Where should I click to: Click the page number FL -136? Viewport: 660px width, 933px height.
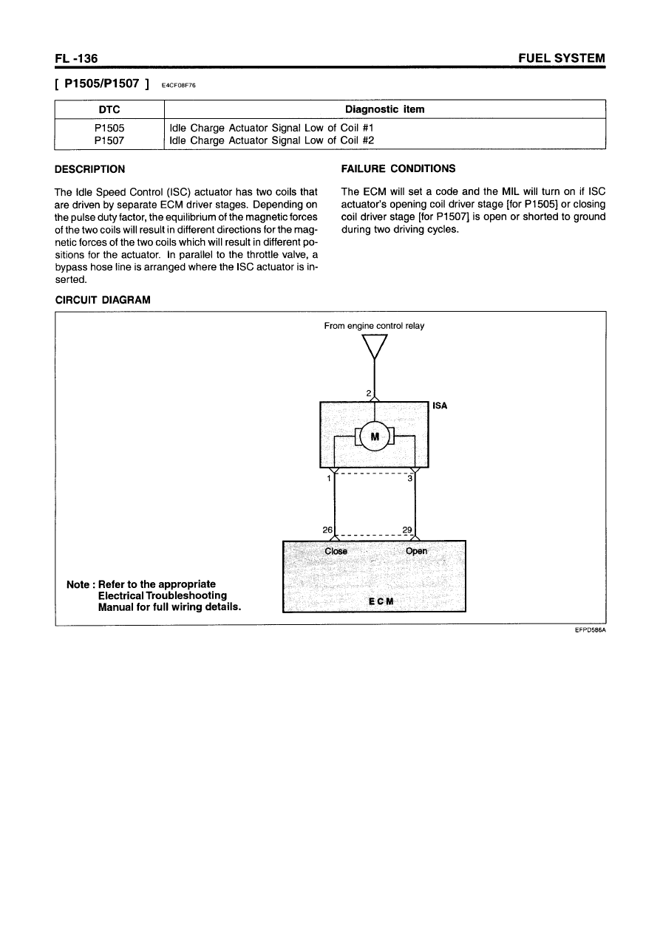76,58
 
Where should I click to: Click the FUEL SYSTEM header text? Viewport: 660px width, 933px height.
563,58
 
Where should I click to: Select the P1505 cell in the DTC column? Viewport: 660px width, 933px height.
109,126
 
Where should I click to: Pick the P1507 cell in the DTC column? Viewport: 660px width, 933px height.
109,139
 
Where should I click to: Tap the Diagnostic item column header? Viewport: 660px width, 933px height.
384,109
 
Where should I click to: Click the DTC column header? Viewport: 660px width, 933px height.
109,109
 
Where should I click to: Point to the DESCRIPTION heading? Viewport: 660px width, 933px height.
89,169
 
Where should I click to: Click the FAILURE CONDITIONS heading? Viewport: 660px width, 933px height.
398,169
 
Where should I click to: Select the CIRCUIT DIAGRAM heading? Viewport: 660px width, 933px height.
103,300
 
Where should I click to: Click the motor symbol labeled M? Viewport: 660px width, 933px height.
375,437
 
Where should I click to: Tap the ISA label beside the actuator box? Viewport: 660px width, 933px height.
440,406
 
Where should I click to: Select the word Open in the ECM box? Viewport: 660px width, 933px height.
416,551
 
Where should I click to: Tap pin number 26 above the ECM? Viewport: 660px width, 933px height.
328,530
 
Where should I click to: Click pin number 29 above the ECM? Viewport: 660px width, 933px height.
407,530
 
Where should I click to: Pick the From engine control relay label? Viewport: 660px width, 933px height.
374,326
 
